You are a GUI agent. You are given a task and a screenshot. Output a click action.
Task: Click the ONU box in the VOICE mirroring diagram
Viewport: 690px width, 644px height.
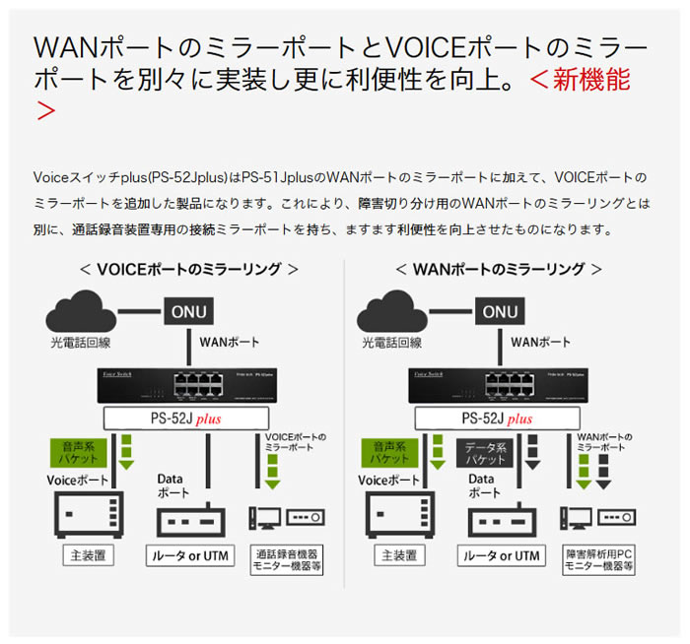tap(188, 312)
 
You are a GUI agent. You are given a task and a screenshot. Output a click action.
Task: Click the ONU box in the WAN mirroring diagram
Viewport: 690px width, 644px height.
tap(499, 312)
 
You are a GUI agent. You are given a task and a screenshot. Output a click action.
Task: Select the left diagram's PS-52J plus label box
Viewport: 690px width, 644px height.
tap(188, 418)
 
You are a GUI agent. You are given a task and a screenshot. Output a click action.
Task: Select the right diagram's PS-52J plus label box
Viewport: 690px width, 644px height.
tap(499, 418)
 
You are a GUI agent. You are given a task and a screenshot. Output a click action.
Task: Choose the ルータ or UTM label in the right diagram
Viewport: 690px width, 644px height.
tap(500, 556)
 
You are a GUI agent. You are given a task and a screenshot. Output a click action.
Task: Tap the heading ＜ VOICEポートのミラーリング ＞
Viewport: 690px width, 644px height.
tap(189, 269)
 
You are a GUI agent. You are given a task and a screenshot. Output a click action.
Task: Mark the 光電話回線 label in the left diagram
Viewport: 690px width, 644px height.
tap(82, 343)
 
